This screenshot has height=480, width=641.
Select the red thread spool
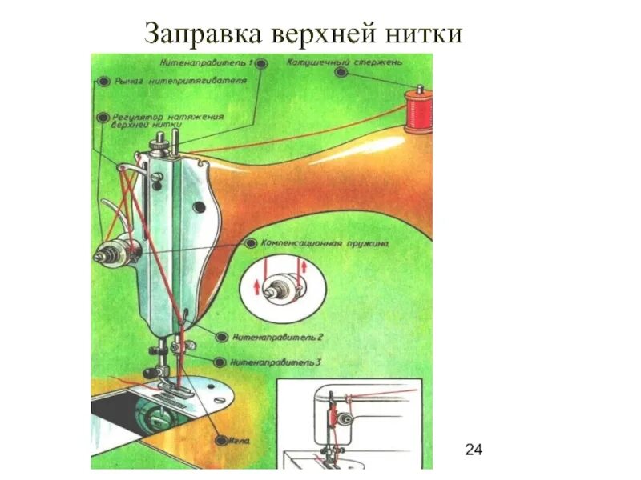(417, 110)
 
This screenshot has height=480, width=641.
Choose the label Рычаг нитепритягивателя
(179, 81)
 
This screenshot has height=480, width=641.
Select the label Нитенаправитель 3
(275, 362)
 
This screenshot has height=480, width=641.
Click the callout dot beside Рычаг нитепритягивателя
(103, 81)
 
